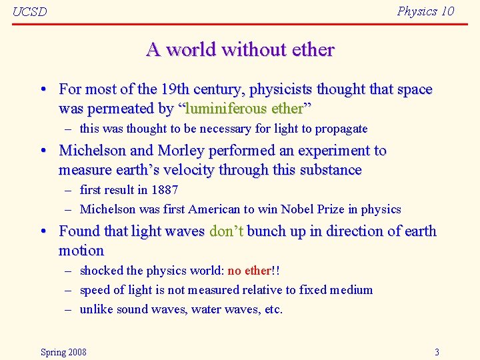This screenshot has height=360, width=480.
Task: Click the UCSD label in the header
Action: [30, 11]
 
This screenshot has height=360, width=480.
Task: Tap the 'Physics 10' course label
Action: [425, 11]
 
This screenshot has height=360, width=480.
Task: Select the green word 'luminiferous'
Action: [225, 108]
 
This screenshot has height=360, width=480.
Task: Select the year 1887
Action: [165, 190]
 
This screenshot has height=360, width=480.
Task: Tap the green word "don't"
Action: [227, 231]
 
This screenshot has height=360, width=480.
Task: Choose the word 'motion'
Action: [81, 251]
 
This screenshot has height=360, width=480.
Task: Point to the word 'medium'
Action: [351, 290]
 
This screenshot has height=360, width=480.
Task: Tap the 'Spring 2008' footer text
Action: [63, 352]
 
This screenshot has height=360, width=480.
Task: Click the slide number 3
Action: [437, 352]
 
